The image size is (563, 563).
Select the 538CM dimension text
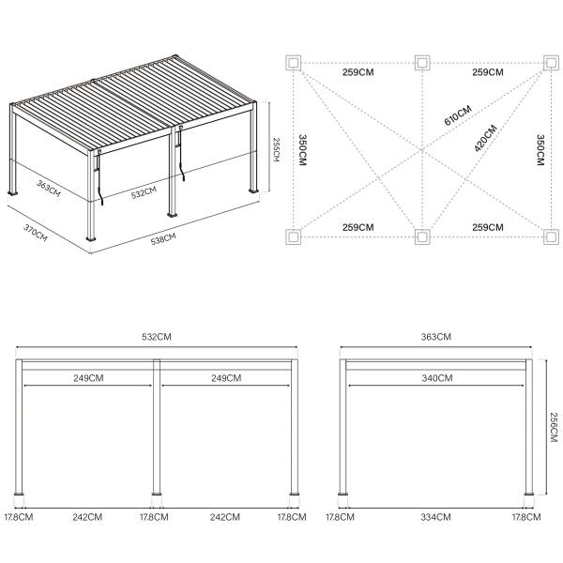pos(163,239)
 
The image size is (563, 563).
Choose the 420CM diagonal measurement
pos(484,140)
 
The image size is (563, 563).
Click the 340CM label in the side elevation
pos(436,378)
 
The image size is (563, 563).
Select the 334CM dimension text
pos(436,516)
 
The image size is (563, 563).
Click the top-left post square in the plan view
pos(294,63)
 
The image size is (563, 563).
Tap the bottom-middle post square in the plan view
pos(421,235)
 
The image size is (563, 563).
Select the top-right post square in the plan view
pos(551,63)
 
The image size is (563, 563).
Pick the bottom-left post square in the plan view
pos(294,235)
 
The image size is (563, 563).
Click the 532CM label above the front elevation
pos(157,336)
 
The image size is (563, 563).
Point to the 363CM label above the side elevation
pos(436,336)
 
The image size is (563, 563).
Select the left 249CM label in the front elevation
pos(88,378)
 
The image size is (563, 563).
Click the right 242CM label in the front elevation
pos(225,516)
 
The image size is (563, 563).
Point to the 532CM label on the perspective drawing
pos(143,194)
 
